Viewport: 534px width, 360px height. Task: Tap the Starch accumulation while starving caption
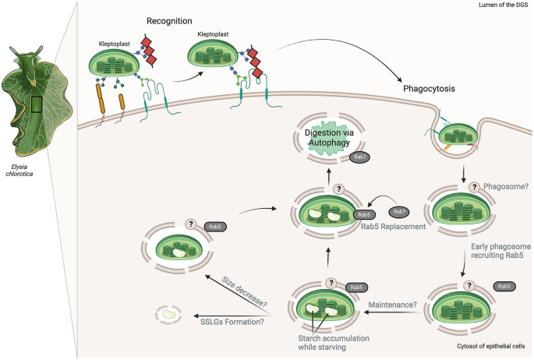pos(334,342)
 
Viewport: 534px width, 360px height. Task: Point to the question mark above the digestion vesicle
pos(338,189)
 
